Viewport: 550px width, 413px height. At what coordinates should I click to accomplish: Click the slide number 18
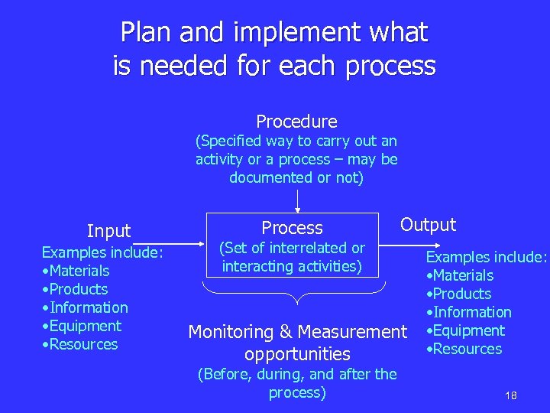coord(511,395)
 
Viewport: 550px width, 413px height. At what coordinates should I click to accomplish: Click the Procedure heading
coord(296,122)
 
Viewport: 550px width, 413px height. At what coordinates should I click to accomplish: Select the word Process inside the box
coord(292,228)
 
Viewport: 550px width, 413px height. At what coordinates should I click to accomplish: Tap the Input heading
coord(108,231)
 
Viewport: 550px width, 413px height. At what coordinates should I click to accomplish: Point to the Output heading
coord(428,225)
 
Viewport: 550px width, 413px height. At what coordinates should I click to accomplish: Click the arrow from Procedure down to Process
coord(297,200)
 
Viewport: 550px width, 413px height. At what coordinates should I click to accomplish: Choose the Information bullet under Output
coord(471,312)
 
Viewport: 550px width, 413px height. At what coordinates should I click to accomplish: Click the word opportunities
coord(297,354)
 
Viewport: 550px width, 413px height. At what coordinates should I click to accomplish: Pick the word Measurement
coord(351,332)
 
